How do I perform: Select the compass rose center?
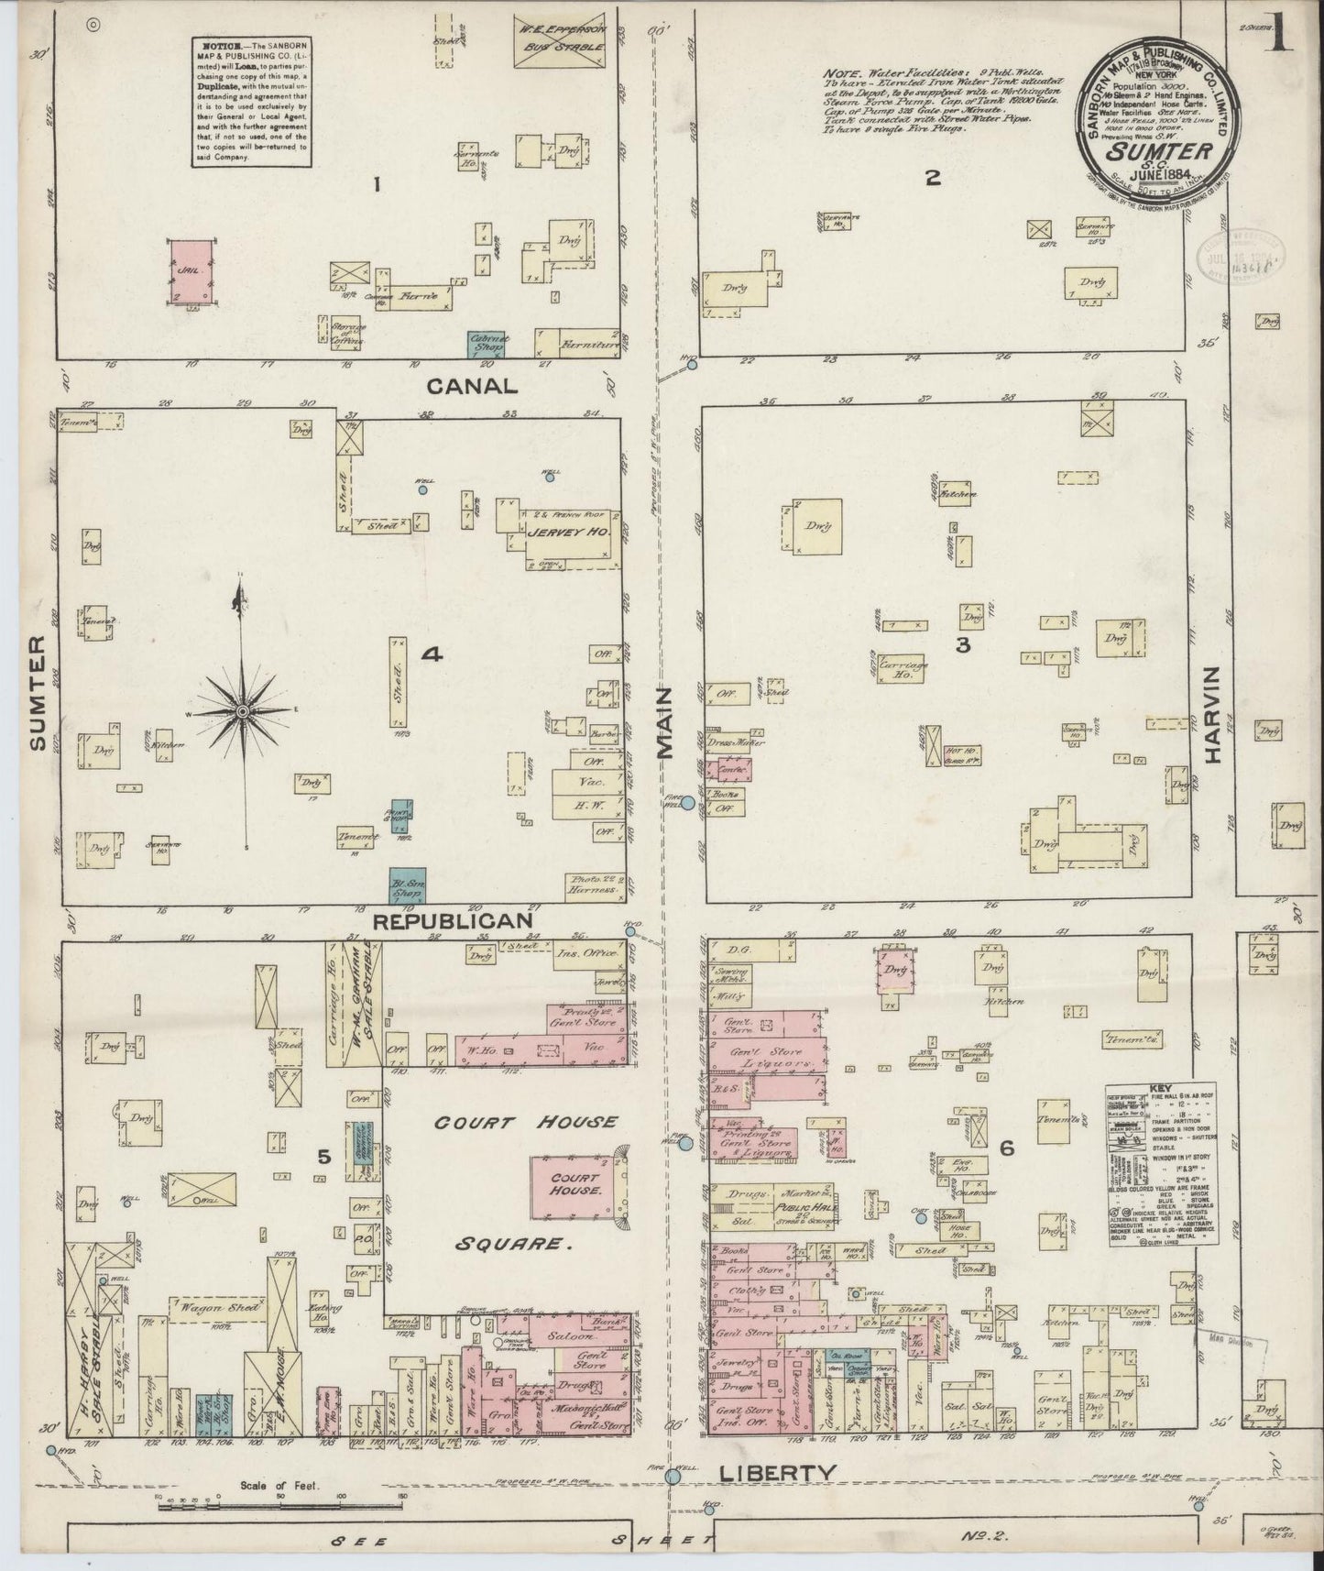pos(242,711)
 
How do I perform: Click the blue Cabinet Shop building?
pos(488,344)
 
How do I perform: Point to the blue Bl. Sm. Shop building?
pos(406,883)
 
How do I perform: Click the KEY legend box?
pos(1162,1165)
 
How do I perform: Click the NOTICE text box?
pos(251,102)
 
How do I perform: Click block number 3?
pos(962,644)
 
